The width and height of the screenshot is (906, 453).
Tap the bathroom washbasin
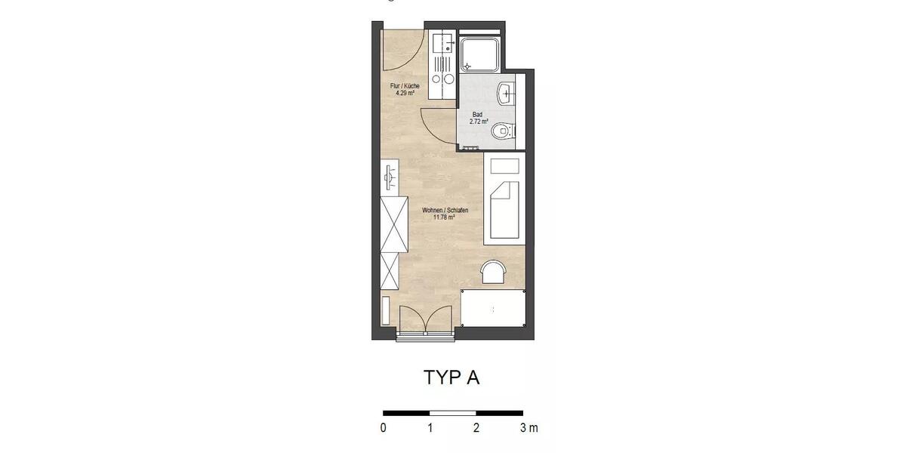[x=506, y=94]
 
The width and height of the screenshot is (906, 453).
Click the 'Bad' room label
[x=478, y=115]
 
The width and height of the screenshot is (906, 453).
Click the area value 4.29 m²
[x=404, y=94]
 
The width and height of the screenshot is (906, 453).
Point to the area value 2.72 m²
[x=479, y=122]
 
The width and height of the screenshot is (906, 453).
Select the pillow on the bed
[x=505, y=165]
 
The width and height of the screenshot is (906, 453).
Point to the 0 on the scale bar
[x=384, y=428]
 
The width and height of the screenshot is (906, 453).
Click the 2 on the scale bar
[x=476, y=428]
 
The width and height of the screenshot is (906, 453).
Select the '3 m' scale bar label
[x=528, y=428]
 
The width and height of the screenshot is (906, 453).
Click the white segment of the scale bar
[x=453, y=413]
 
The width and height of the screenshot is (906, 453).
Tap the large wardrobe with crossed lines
[x=393, y=223]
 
